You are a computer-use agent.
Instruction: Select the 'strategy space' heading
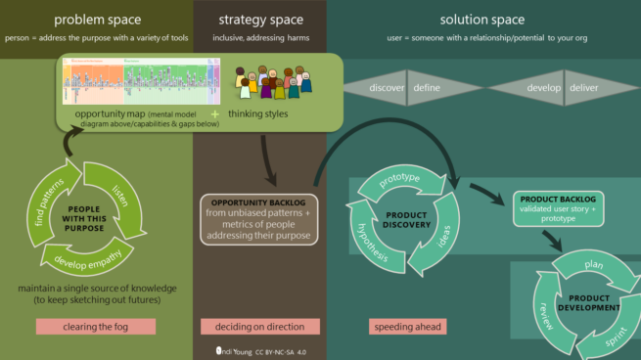pyautogui.click(x=258, y=19)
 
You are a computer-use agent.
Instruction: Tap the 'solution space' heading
pyautogui.click(x=481, y=19)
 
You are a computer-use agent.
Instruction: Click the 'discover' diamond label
pyautogui.click(x=385, y=88)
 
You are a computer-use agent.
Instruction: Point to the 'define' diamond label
pyautogui.click(x=427, y=88)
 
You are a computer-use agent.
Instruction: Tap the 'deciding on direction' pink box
pyautogui.click(x=257, y=327)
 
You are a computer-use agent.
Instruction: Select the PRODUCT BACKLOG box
pyautogui.click(x=559, y=206)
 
